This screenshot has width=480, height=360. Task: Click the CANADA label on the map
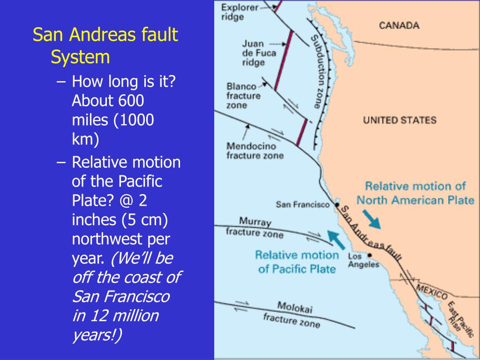point(399,25)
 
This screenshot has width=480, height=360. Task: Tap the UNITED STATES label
point(399,120)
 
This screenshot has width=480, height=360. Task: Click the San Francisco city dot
point(337,204)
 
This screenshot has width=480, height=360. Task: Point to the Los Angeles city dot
point(370,255)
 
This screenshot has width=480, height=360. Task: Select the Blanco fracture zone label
point(243,96)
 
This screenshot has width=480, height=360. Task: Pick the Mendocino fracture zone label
point(255,150)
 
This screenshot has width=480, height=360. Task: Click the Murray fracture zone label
point(255,227)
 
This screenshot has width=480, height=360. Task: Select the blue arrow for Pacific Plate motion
point(335,239)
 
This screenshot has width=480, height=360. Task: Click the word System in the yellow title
point(80,57)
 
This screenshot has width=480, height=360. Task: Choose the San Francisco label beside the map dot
point(303,204)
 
